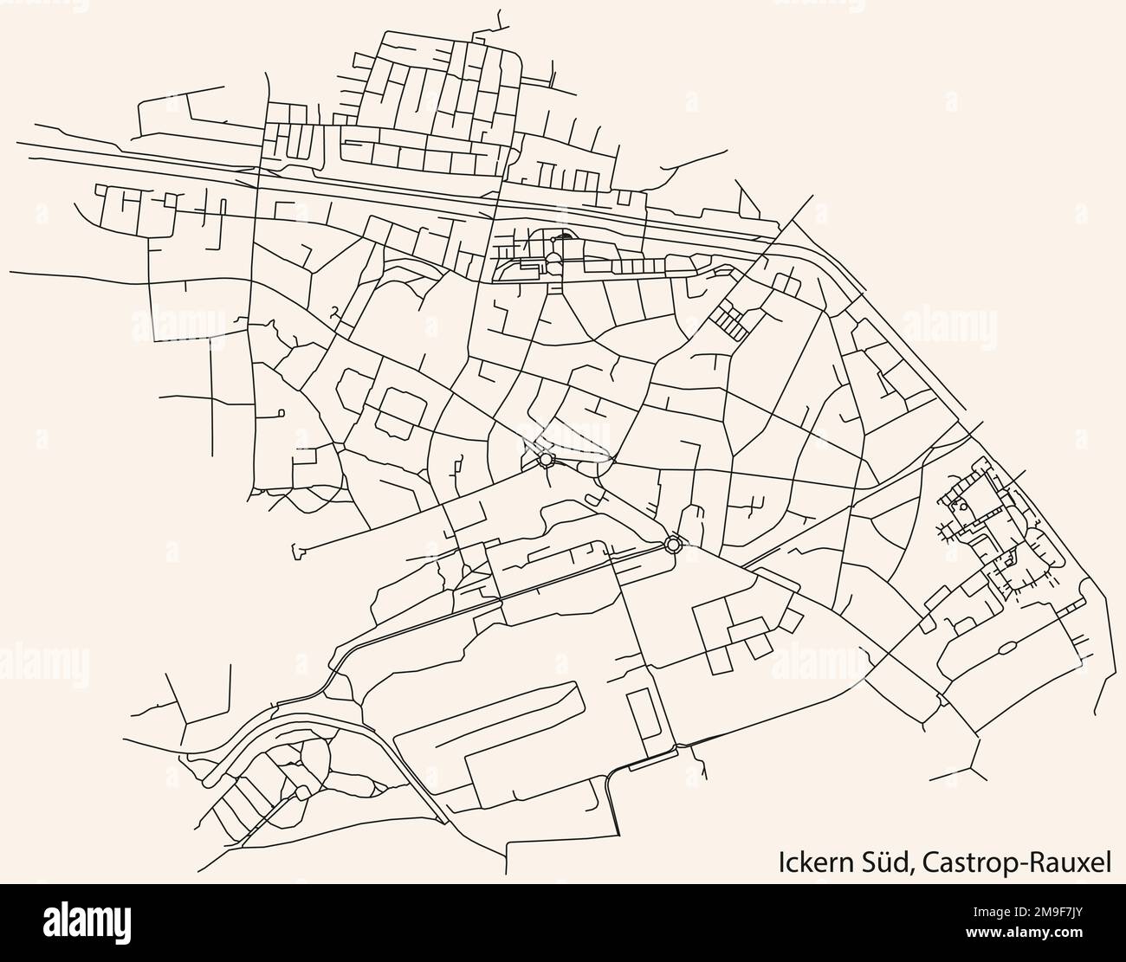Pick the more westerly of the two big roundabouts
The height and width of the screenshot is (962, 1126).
pyautogui.click(x=546, y=460)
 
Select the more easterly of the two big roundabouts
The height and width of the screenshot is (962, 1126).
pyautogui.click(x=672, y=544)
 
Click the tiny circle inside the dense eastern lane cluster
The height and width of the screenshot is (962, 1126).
pyautogui.click(x=963, y=507)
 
